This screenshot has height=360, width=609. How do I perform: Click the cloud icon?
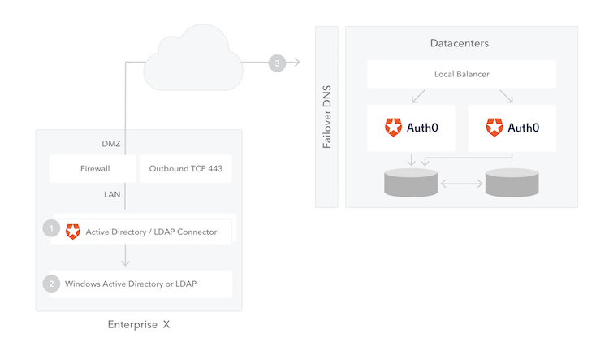pyautogui.click(x=192, y=59)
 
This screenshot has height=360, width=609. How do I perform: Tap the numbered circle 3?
pyautogui.click(x=278, y=63)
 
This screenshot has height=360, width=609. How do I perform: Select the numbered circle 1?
pyautogui.click(x=52, y=230)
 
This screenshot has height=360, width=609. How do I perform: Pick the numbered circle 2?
pyautogui.click(x=52, y=284)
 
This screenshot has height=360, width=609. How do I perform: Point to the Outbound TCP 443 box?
pyautogui.click(x=185, y=169)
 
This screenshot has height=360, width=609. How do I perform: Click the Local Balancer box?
pyautogui.click(x=461, y=75)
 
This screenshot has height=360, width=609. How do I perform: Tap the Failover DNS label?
pyautogui.click(x=326, y=116)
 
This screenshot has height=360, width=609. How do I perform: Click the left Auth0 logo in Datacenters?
pyautogui.click(x=394, y=128)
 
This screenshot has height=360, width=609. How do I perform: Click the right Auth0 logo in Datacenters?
pyautogui.click(x=495, y=128)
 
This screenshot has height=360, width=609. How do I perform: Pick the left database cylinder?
pyautogui.click(x=410, y=184)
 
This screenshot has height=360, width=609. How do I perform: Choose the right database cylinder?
pyautogui.click(x=512, y=184)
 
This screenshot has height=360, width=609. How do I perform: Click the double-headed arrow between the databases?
pyautogui.click(x=461, y=184)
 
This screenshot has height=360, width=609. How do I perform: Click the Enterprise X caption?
pyautogui.click(x=139, y=325)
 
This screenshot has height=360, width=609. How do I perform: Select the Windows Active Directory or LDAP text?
pyautogui.click(x=131, y=284)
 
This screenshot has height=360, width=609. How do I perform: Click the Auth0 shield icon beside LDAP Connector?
pyautogui.click(x=73, y=231)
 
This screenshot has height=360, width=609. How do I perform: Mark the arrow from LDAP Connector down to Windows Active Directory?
pyautogui.click(x=124, y=256)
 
